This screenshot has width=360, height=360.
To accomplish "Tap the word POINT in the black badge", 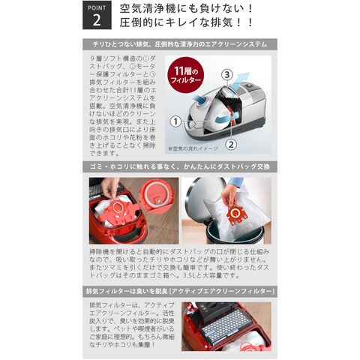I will click(96, 7).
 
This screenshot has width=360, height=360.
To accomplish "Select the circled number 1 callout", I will click(175, 121).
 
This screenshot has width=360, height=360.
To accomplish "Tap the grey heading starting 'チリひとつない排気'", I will click(180, 44).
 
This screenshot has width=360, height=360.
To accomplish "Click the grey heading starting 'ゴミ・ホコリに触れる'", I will click(180, 166).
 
